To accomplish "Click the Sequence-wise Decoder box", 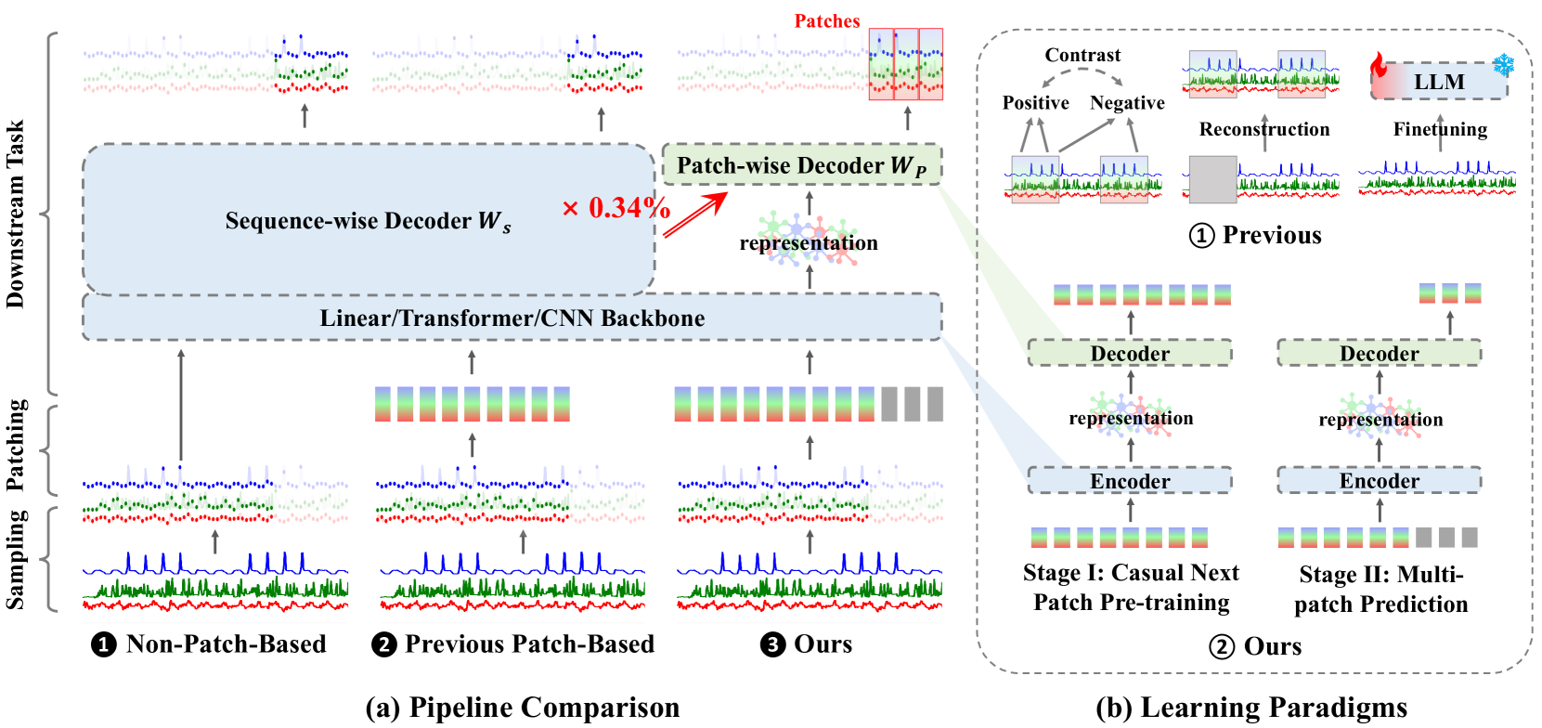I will (368, 220).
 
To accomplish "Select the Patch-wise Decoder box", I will (801, 165).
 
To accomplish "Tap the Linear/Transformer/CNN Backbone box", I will (512, 318).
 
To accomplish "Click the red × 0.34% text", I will (616, 208).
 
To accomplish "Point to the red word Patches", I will (826, 21).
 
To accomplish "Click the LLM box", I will (1439, 82).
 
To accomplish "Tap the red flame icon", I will (1379, 66).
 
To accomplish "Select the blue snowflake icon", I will (1503, 65).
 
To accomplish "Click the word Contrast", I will (1082, 56).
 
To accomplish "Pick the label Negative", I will (1127, 103).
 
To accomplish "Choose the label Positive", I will (1035, 103).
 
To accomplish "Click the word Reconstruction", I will (1263, 130).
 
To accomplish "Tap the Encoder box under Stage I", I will (1130, 481).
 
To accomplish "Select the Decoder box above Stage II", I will (1379, 354).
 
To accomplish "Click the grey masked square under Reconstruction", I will (1212, 179).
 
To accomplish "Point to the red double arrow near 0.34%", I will (695, 214).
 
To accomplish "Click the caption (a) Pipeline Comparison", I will (522, 708).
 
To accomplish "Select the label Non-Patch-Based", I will (226, 644).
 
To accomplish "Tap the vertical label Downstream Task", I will (16, 214).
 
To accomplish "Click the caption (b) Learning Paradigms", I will (1250, 708).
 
